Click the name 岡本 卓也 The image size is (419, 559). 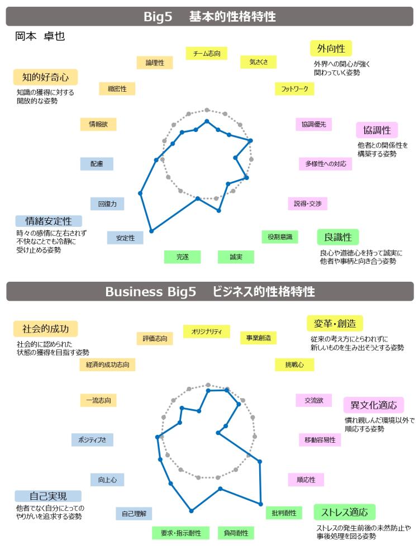click(41, 36)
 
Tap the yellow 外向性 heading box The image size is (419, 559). click(331, 48)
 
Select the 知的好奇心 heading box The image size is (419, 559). click(45, 77)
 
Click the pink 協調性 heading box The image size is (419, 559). click(377, 130)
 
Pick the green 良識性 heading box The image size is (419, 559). click(337, 237)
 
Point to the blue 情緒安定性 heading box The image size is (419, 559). click(49, 221)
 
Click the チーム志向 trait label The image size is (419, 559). click(207, 53)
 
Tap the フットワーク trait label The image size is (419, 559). click(294, 89)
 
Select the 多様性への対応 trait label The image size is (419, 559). click(325, 164)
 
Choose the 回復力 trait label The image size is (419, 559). click(107, 204)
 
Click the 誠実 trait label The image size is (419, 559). click(236, 257)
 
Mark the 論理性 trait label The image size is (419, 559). click(155, 63)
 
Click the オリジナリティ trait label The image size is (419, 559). click(206, 331)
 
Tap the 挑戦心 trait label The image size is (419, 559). click(294, 364)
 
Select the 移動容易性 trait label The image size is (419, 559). click(320, 440)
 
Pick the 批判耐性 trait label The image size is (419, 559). click(284, 512)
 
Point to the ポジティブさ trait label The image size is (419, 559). click(92, 439)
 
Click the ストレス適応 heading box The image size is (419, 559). click(344, 511)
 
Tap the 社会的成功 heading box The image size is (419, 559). click(45, 328)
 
